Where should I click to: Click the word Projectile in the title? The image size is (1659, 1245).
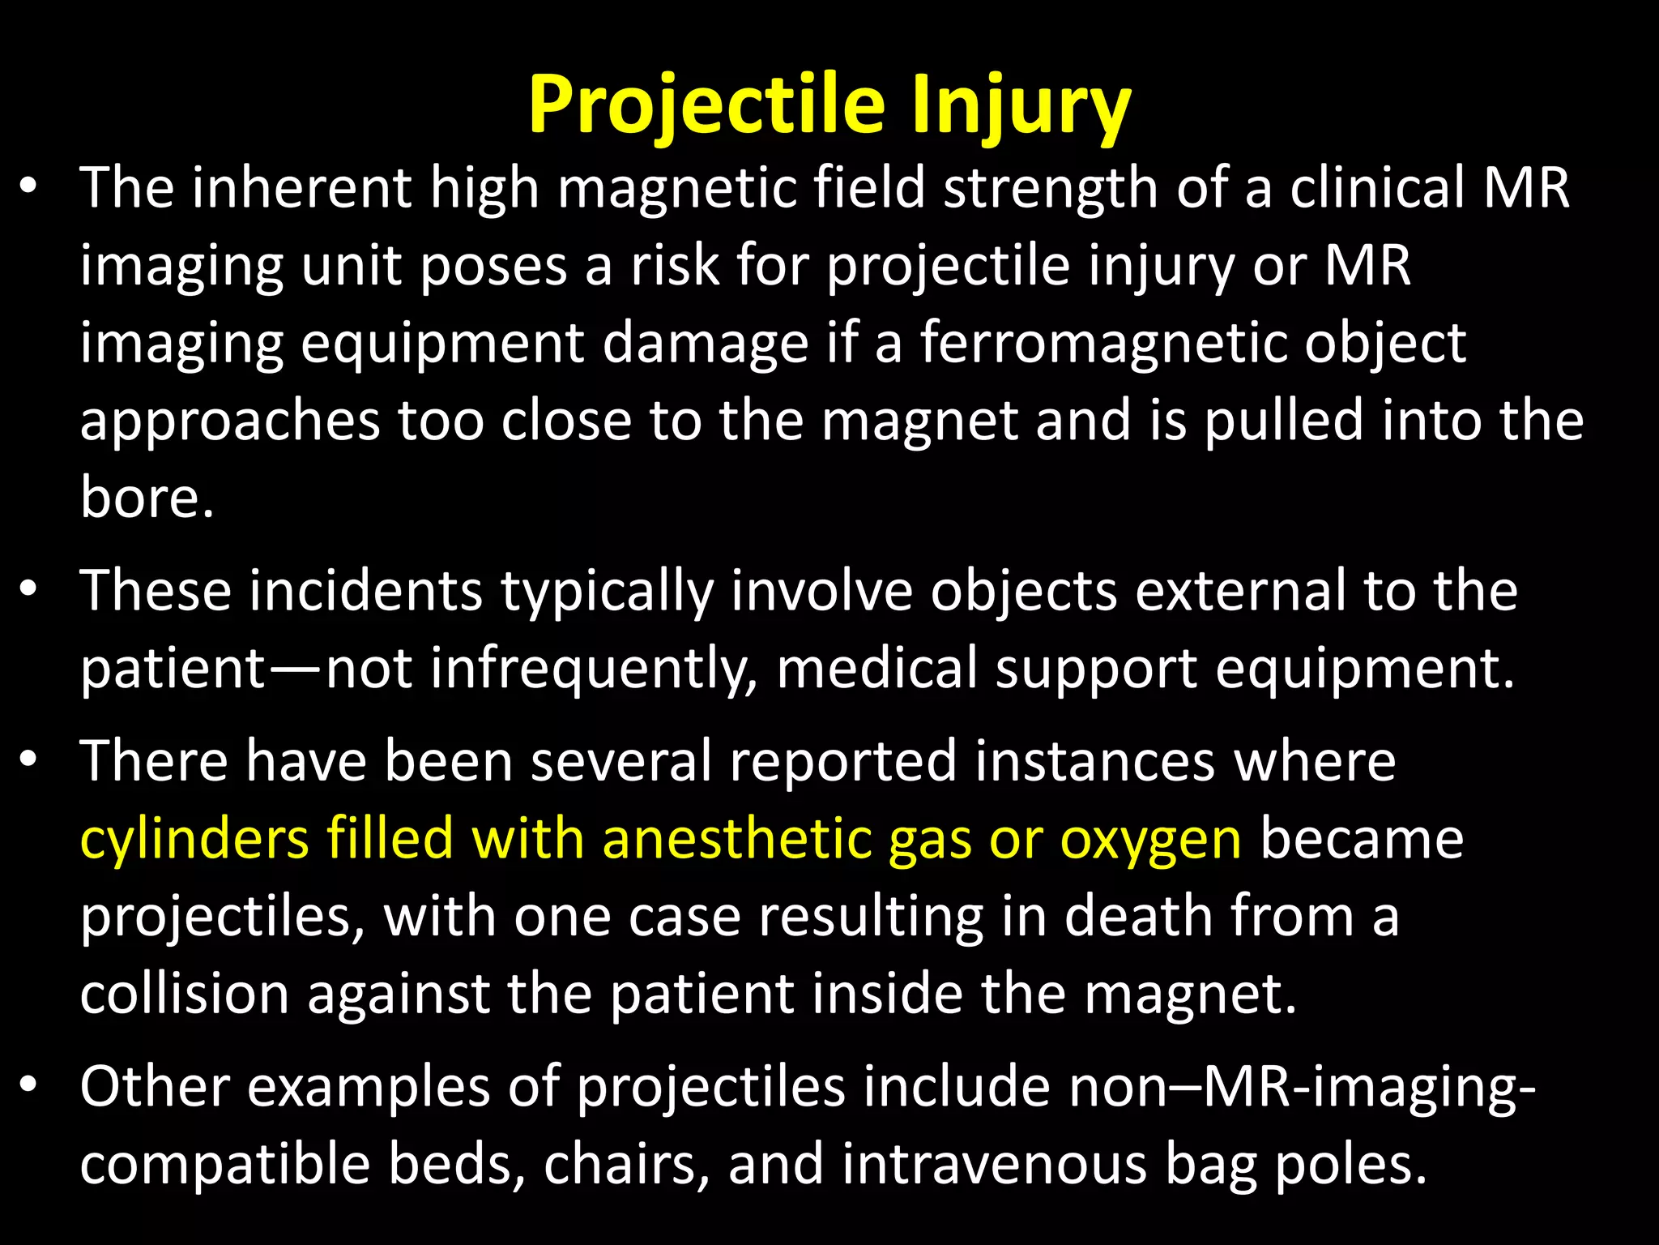point(706,105)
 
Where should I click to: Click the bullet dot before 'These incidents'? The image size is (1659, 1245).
point(29,590)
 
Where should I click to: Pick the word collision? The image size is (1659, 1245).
point(185,995)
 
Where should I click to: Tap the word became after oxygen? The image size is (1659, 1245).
point(1362,839)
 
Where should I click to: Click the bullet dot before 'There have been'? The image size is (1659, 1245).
point(29,760)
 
